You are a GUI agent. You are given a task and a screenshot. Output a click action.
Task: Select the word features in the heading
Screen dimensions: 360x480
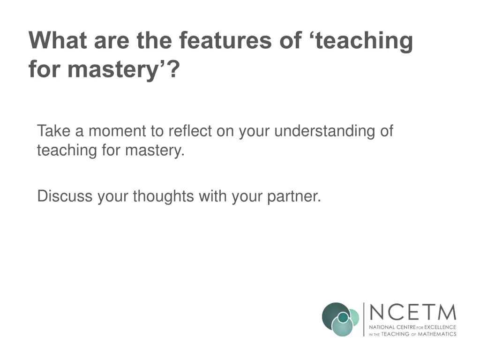pos(222,41)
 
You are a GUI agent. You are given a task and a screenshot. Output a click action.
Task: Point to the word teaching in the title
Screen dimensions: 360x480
pos(364,41)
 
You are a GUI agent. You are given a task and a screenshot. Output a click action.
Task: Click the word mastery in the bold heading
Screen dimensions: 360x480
pos(117,70)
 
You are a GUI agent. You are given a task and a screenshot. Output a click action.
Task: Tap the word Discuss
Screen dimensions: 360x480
pos(65,196)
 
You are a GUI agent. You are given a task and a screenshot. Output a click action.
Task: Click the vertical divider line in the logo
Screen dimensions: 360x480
pos(364,319)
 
